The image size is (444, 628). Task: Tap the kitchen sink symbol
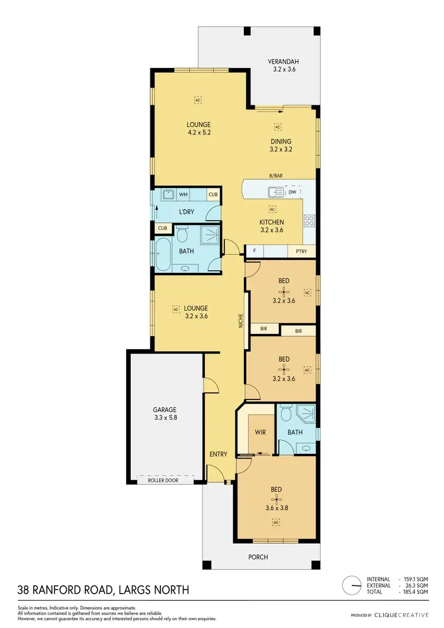(x=276, y=191)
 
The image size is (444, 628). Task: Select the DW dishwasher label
(x=292, y=191)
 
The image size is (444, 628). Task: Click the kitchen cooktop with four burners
(x=309, y=221)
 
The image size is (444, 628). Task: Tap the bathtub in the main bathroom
(x=164, y=255)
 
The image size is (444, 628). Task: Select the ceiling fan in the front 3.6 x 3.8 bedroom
(x=276, y=504)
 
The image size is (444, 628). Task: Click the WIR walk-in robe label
(x=260, y=432)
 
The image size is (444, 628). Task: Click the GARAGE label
(x=165, y=410)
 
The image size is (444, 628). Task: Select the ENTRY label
(x=218, y=454)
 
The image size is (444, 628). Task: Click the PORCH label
(x=258, y=557)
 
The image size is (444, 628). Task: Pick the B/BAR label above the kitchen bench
(x=275, y=176)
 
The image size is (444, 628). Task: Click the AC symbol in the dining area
(x=277, y=126)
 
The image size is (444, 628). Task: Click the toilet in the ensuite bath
(x=285, y=413)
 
